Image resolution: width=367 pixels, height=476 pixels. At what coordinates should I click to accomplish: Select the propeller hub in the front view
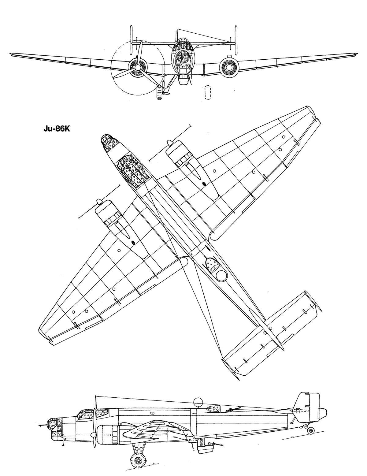point(137,66)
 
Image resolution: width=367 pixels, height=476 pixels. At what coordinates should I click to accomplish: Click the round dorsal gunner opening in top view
point(220,276)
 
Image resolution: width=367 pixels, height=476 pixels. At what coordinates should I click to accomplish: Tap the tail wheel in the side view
point(311,430)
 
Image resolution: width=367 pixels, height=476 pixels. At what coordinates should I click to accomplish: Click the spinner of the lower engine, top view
point(99,201)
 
